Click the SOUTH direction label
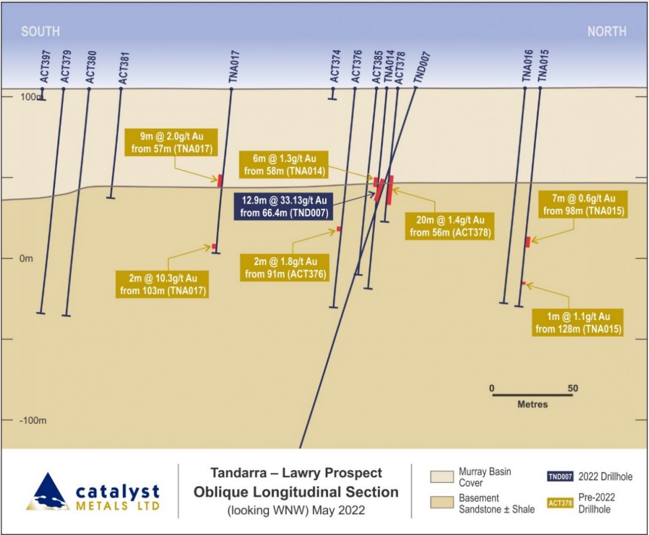click(41, 31)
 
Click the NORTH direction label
click(607, 31)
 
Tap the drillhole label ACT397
click(45, 67)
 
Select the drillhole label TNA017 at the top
click(234, 66)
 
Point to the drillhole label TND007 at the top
click(422, 67)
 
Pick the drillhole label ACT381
click(124, 68)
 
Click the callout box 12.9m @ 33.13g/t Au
click(284, 206)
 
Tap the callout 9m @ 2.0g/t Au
click(172, 143)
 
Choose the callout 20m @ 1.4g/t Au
click(450, 226)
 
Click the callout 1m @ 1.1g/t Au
click(578, 323)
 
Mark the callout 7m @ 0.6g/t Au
click(583, 205)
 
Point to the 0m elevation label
click(26, 259)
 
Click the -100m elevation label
click(32, 421)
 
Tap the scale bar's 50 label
click(573, 388)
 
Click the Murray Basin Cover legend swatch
click(442, 477)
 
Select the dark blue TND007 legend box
click(560, 476)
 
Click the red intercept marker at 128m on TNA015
click(524, 283)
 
